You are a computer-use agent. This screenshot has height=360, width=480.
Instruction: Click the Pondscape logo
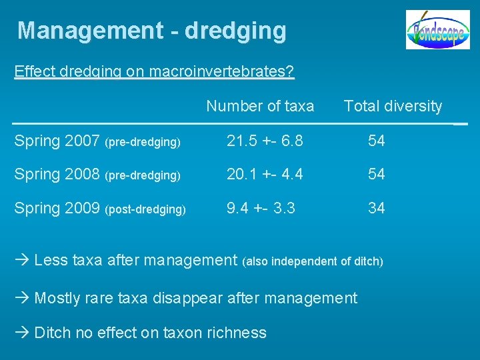pos(437,30)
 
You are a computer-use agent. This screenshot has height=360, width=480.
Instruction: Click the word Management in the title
pos(90,31)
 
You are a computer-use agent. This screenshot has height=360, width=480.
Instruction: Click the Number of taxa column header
pos(260,106)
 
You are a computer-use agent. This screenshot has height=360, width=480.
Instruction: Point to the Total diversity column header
pos(393,106)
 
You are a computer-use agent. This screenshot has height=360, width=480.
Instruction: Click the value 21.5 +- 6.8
pos(265,141)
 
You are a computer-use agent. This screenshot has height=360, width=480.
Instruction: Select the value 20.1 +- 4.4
pos(265,174)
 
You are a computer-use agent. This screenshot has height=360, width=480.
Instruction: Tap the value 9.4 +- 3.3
pos(260,208)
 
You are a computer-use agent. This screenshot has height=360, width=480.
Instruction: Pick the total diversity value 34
pos(377,208)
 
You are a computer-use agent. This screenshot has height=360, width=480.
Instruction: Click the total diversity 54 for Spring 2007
pos(377,141)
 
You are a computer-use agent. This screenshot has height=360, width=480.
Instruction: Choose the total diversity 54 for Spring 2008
pos(377,174)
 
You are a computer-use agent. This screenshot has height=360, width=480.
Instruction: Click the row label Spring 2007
pos(57,141)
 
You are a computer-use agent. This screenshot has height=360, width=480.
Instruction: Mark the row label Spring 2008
pos(57,174)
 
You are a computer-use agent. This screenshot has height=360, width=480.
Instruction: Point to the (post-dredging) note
pos(145,209)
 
